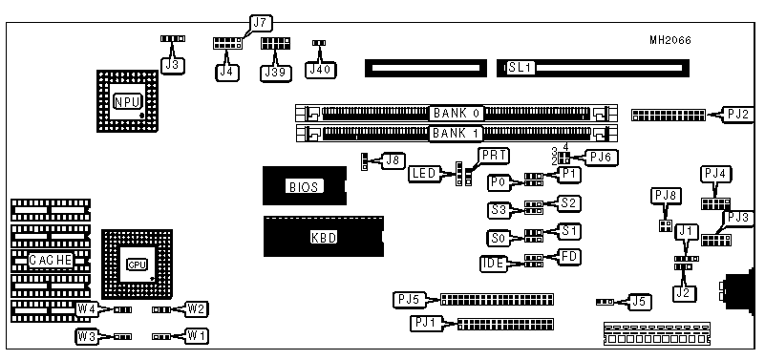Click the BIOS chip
click(305, 186)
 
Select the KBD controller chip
click(324, 237)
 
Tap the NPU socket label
click(127, 101)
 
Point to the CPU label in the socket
click(137, 265)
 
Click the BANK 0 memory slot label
click(457, 114)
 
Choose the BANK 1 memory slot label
click(457, 133)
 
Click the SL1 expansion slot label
click(521, 67)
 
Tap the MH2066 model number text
click(669, 40)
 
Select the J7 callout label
click(261, 22)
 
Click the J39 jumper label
click(276, 73)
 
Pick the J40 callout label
click(320, 70)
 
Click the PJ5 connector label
click(409, 299)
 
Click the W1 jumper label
click(196, 336)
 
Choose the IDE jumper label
click(493, 264)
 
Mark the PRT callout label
click(493, 156)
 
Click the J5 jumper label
click(640, 302)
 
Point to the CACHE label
click(51, 260)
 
